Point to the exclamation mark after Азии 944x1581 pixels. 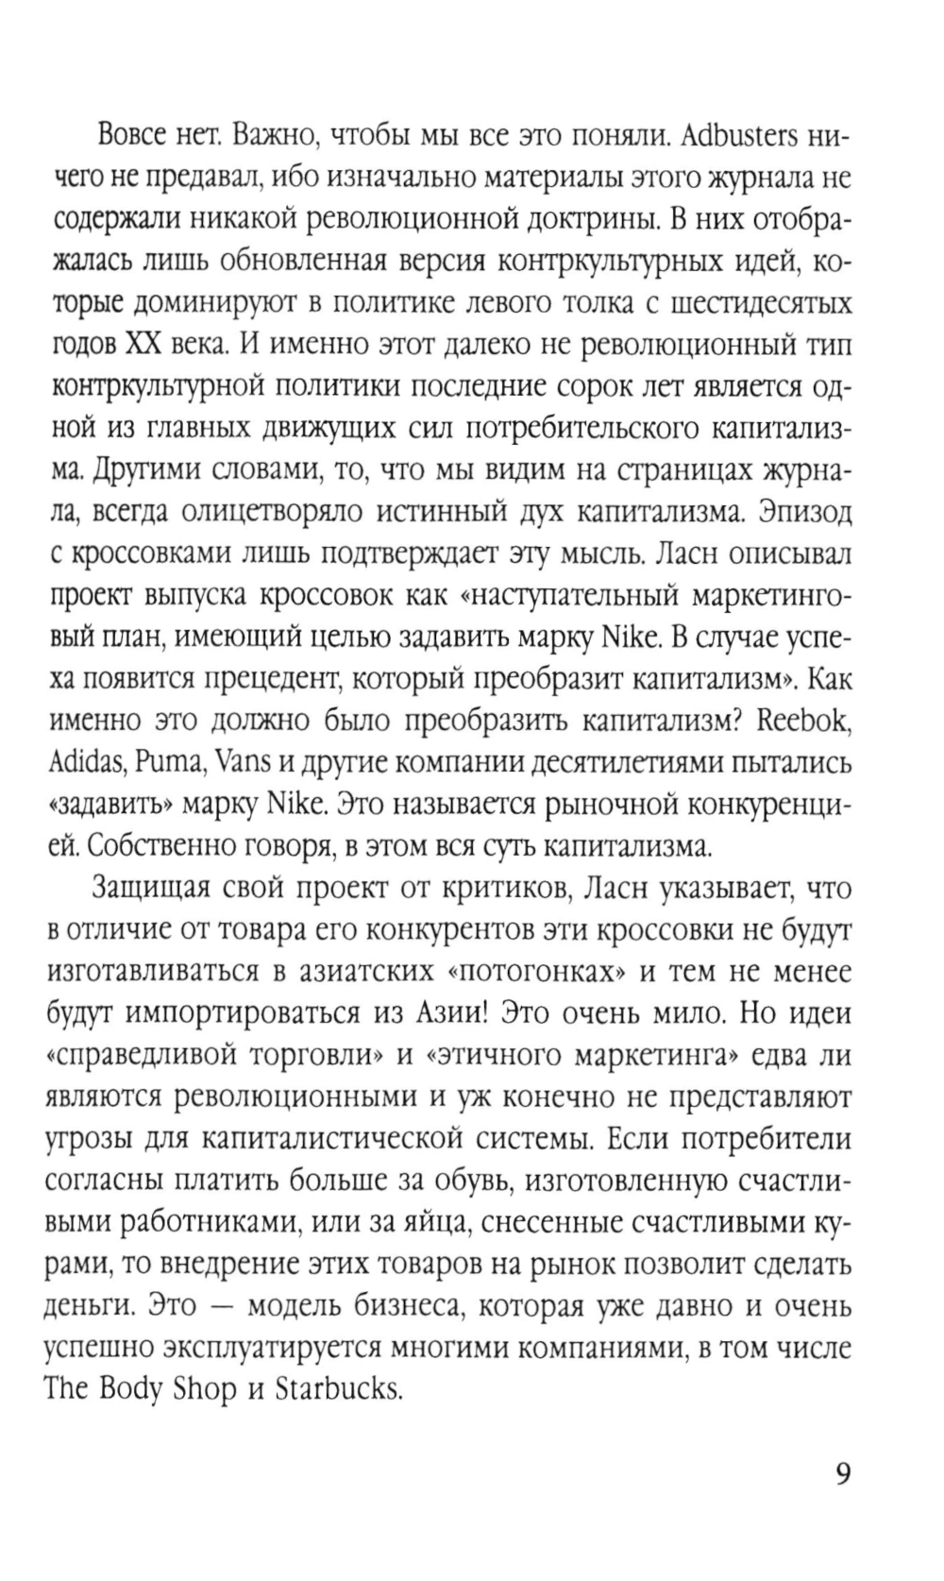pos(488,1012)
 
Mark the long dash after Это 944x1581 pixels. pos(224,1306)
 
